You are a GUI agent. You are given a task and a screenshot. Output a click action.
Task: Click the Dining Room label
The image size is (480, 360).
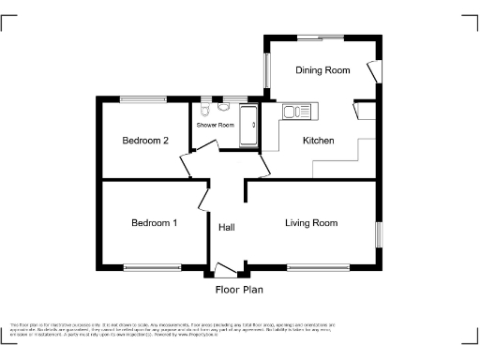tap(322, 70)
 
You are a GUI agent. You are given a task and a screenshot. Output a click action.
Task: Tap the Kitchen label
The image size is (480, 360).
tap(318, 141)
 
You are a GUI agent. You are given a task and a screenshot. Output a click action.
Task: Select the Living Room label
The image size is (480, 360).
tap(311, 223)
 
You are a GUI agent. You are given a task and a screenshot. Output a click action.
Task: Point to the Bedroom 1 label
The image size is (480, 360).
tap(154, 223)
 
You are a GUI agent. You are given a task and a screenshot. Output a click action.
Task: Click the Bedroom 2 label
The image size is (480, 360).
tap(145, 141)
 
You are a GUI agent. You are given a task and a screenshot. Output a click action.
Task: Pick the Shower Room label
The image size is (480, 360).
tap(215, 125)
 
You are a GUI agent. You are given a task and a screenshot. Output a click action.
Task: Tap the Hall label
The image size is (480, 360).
tap(227, 228)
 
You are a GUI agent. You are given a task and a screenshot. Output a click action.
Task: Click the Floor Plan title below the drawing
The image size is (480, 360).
tap(238, 290)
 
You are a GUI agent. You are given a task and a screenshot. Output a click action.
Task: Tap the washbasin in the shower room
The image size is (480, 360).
tap(227, 105)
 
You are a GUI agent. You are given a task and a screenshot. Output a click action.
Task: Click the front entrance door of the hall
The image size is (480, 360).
tap(225, 271)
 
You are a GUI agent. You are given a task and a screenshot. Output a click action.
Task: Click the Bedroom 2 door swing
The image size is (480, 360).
tap(187, 167)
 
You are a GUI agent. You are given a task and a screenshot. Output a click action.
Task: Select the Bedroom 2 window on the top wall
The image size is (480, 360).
tap(142, 98)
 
